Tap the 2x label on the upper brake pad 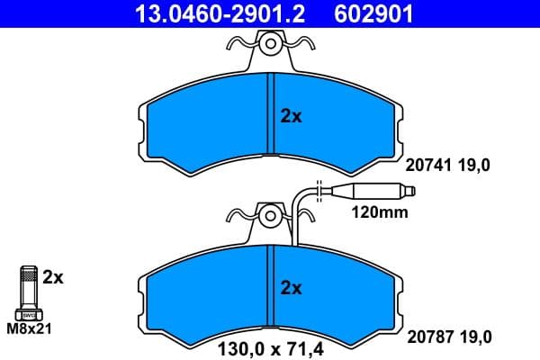(290, 117)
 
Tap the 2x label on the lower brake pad (290, 288)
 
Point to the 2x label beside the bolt (54, 278)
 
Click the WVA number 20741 (430, 166)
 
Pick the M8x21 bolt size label (29, 329)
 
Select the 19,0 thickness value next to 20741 (479, 166)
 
